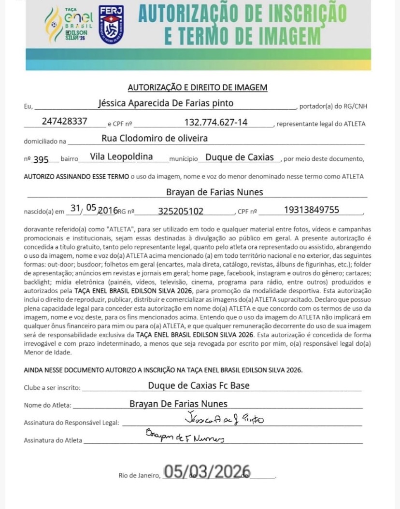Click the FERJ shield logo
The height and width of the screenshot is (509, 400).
point(111,25)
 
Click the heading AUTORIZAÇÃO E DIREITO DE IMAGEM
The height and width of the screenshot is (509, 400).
point(197,87)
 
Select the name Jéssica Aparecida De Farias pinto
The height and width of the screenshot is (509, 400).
point(166,103)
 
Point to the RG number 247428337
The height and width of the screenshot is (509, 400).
point(65,122)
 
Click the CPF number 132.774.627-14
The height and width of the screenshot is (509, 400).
point(216,122)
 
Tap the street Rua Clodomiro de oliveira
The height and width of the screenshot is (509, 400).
point(155,139)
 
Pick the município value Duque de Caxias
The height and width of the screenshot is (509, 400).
point(240,157)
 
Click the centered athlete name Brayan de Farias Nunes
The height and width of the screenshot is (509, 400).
point(214,192)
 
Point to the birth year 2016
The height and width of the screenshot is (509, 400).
point(108,211)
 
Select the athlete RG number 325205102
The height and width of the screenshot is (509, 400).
point(181,211)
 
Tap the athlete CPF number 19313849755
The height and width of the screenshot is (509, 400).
point(312,210)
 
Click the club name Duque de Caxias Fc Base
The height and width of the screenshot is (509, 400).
point(199,385)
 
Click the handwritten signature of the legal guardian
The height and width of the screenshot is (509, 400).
point(224,419)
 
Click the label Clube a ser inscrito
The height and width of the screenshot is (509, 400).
point(53,388)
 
